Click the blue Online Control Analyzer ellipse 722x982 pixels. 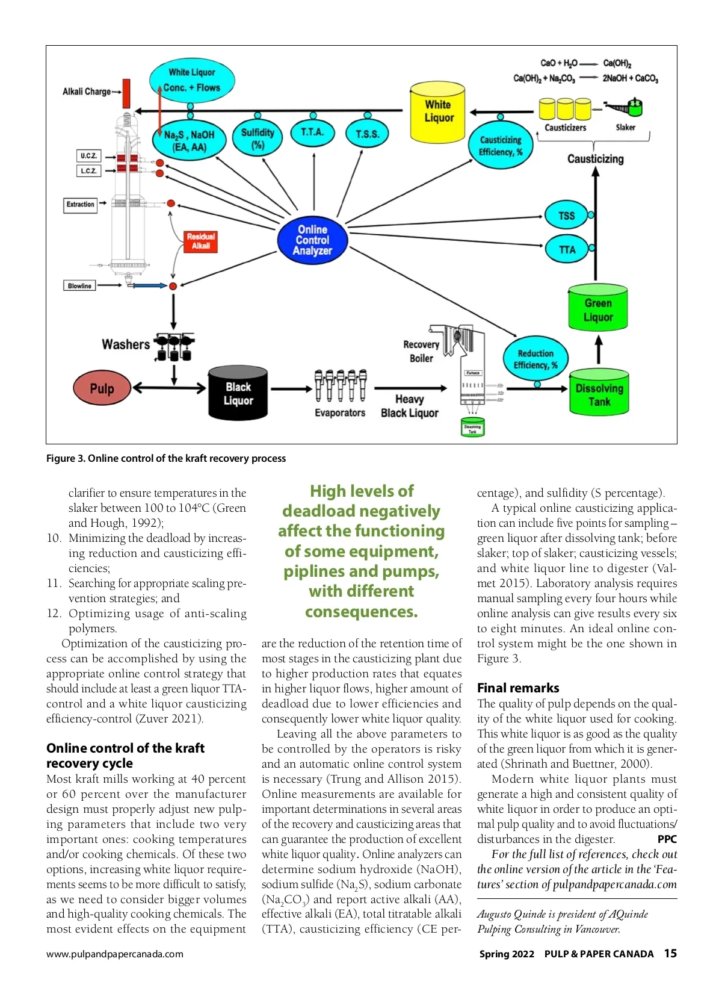pos(312,240)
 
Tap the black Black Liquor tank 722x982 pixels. pos(238,394)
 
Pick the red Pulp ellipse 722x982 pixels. pos(102,388)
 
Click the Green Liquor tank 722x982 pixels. pos(598,309)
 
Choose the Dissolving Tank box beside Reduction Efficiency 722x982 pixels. pos(599,395)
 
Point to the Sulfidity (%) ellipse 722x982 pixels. pos(258,138)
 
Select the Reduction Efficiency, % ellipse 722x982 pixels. pos(535,359)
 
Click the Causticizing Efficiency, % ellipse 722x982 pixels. pos(500,146)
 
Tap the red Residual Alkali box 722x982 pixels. pos(200,241)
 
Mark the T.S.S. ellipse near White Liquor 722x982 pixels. pos(367,134)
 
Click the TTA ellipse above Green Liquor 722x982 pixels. pos(566,249)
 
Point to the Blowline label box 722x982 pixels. pos(79,286)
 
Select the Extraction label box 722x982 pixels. pos(81,205)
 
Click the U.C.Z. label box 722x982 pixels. pos(88,155)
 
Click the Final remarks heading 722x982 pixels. pos(518,688)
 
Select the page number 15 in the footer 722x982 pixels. pos(670,953)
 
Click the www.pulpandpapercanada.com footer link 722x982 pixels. pos(115,954)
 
